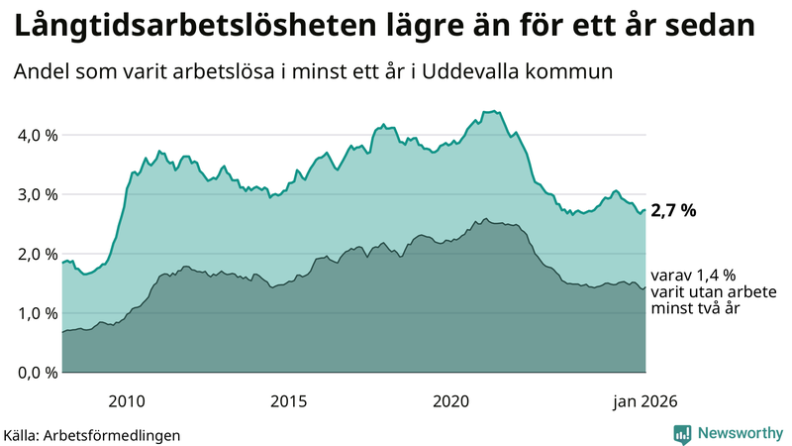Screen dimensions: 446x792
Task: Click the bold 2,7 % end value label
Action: pyautogui.click(x=673, y=211)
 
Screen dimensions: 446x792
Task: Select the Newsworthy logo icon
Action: pyautogui.click(x=682, y=433)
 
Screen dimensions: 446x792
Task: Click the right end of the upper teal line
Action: pyautogui.click(x=645, y=210)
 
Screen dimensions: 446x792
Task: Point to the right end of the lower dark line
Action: pyautogui.click(x=645, y=288)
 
